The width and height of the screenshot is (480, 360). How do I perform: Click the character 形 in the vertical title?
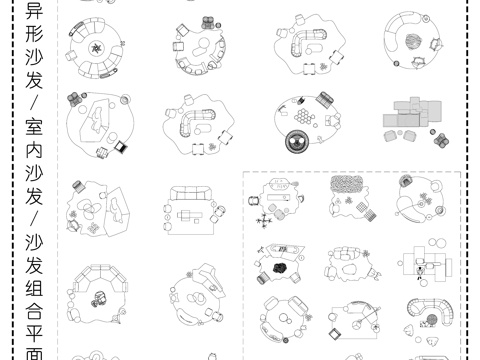(34, 34)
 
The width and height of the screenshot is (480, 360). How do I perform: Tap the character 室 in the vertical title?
(34, 127)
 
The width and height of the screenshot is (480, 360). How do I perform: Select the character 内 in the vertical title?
(34, 150)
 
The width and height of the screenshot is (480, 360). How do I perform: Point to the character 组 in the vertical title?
(34, 288)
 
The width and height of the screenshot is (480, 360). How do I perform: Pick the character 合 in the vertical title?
(34, 311)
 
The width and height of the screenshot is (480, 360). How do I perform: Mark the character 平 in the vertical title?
(34, 334)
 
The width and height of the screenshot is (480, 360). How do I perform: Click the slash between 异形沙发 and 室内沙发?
(34, 104)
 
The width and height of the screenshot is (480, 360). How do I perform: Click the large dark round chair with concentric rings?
(297, 141)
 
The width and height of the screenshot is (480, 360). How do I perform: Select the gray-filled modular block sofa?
(413, 112)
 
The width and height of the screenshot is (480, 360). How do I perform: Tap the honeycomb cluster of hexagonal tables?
(304, 116)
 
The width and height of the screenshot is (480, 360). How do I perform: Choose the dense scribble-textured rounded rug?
(347, 184)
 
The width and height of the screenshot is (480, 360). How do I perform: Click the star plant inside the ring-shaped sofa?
(96, 49)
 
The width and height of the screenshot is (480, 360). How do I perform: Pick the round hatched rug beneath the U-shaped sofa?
(432, 320)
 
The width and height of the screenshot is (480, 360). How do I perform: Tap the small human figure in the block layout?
(420, 272)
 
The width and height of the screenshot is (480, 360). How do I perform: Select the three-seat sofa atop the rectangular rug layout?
(191, 193)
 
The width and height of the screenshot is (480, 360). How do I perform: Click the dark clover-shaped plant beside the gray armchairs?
(442, 140)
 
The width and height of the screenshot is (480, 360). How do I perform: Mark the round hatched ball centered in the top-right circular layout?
(413, 42)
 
